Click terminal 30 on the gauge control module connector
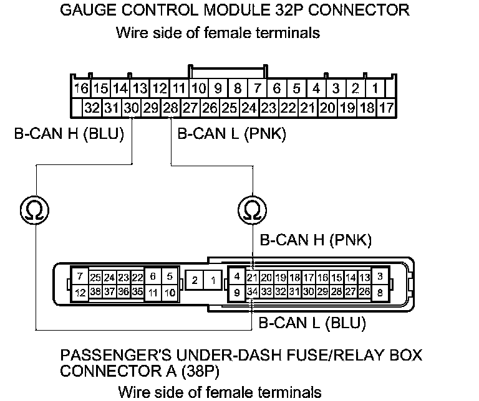point(131,108)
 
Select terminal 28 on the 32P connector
point(170,108)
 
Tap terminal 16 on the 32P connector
point(81,88)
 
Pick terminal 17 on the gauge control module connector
point(387,108)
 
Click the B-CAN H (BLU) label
point(69,133)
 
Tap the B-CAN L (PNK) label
point(231,133)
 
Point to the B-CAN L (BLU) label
point(312,323)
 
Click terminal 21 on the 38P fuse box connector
point(253,277)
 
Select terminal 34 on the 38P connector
point(253,291)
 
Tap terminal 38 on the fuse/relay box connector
point(96,291)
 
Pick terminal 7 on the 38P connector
point(80,276)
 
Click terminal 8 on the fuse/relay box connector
point(380,291)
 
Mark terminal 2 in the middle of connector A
point(195,281)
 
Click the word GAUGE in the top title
point(85,11)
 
